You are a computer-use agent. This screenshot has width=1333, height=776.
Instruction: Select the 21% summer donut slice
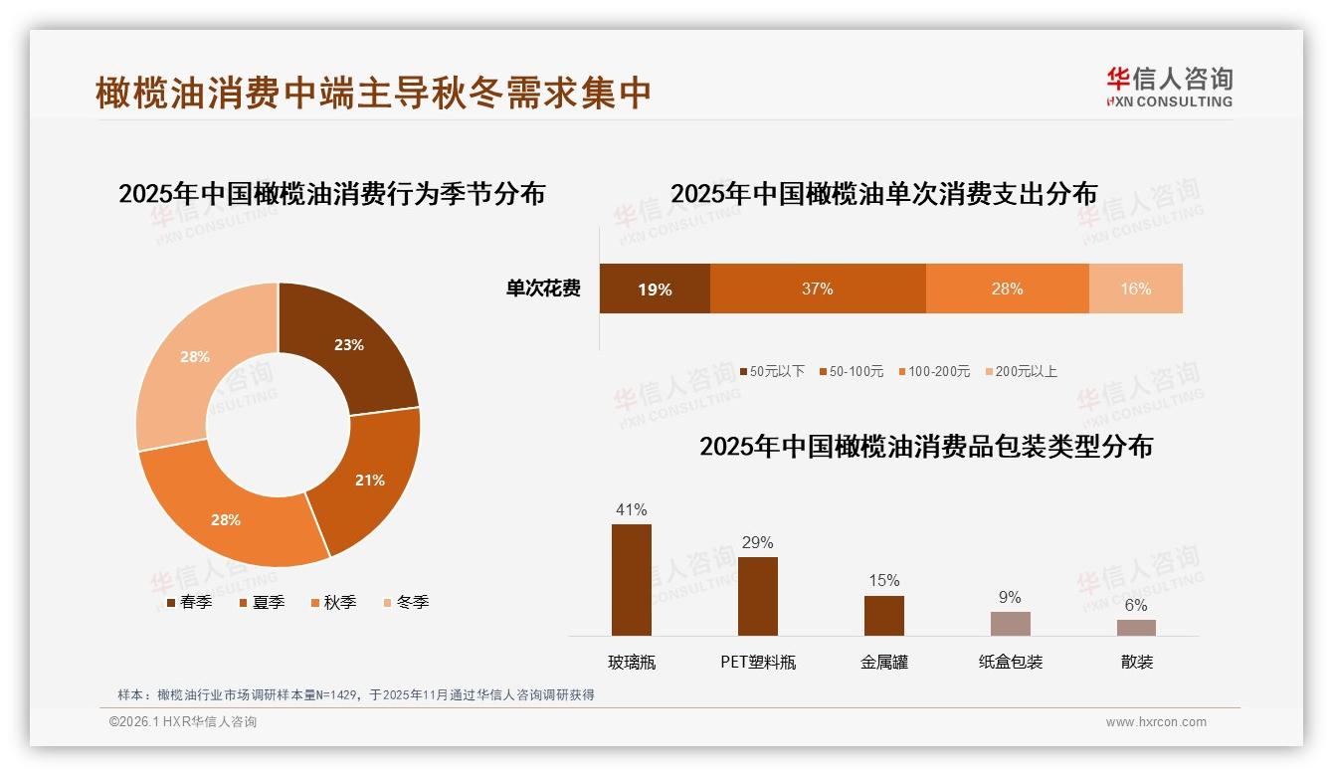coord(368,480)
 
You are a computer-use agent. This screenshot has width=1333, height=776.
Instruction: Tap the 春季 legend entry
coord(189,602)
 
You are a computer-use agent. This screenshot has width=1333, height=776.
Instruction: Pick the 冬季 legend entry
coord(405,602)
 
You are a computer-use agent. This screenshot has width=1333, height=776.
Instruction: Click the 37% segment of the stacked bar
coord(818,289)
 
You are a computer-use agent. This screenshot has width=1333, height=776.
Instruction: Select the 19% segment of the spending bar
coord(655,289)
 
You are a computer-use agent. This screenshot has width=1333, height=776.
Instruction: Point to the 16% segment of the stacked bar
coord(1135,289)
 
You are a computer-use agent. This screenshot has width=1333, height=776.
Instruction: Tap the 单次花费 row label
coord(543,289)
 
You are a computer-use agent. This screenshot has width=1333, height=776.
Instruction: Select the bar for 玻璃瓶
coord(632,579)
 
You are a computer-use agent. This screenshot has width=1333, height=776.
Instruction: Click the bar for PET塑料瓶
coord(757,596)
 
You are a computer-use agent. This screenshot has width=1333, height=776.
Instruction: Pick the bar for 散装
coord(1136,627)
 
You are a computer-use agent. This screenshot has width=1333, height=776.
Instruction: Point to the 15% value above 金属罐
coord(883,580)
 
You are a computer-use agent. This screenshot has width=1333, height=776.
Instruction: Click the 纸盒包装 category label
coord(1010,662)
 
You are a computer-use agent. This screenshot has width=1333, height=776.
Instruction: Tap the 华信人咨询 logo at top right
coord(1169,87)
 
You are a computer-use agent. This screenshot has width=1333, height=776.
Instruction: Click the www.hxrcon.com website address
coord(1156,722)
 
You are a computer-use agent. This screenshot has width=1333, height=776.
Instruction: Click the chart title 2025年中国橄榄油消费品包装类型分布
coord(925,447)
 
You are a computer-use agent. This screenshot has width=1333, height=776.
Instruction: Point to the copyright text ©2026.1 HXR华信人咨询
coord(183,722)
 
